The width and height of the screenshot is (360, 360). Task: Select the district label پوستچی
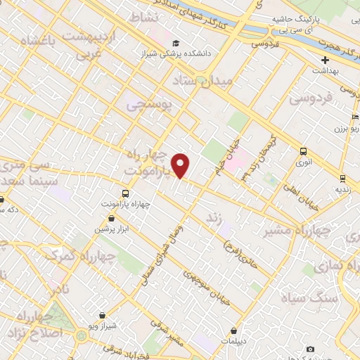pyautogui.click(x=150, y=104)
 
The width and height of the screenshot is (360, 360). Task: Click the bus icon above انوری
pyautogui.click(x=303, y=151)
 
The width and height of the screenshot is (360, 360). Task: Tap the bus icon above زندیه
pyautogui.click(x=342, y=179)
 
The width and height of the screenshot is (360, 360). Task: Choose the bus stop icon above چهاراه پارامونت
pyautogui.click(x=125, y=193)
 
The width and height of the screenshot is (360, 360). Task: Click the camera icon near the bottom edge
pyautogui.click(x=311, y=349)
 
